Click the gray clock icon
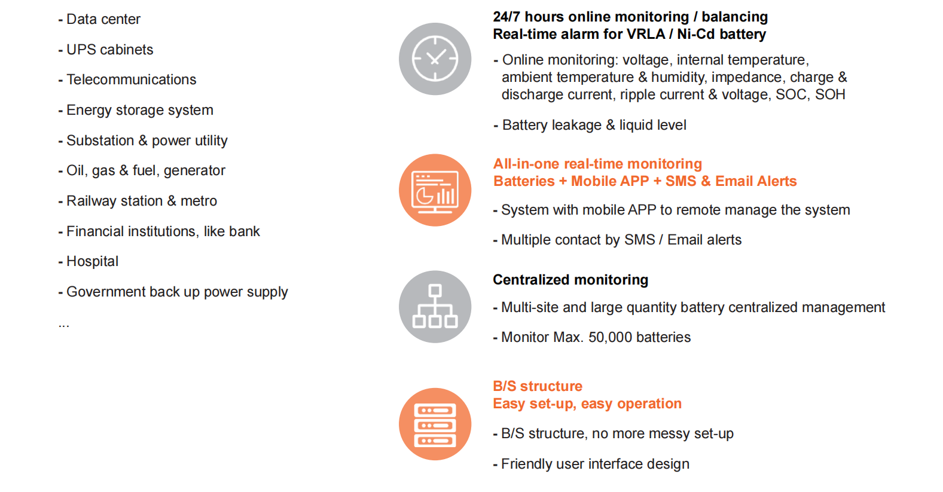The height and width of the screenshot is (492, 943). click(435, 59)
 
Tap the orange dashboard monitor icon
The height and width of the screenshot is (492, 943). click(435, 190)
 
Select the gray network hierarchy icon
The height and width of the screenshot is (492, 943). click(435, 307)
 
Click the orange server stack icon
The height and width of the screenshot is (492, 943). click(435, 424)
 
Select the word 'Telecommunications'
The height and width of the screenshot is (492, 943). click(132, 80)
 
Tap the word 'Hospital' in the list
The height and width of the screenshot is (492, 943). click(93, 262)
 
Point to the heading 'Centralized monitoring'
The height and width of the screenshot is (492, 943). click(570, 280)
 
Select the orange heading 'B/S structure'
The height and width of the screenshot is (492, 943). click(538, 386)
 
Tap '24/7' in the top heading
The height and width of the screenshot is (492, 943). click(507, 17)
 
